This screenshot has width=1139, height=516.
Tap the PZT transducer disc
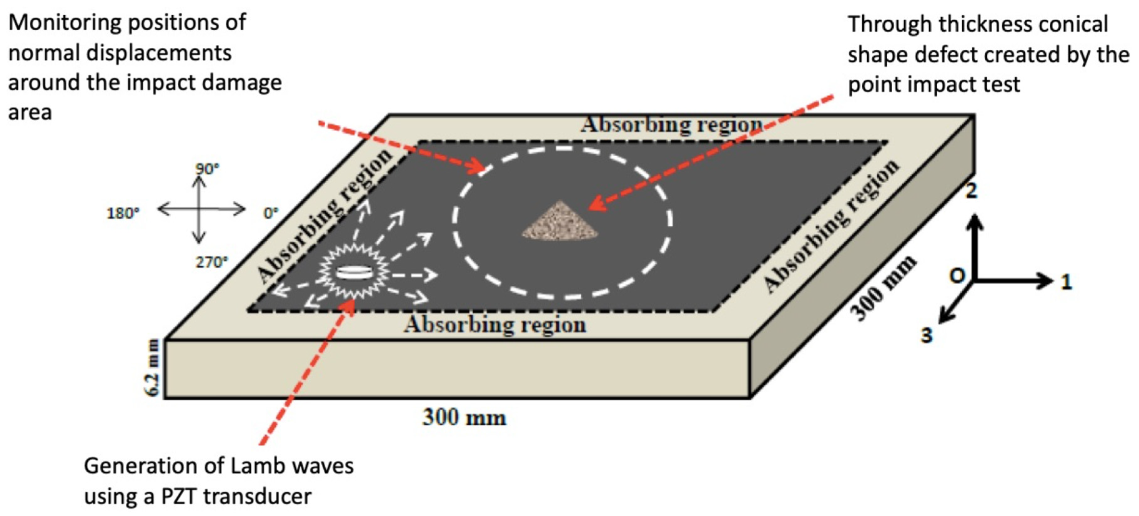[x=353, y=273]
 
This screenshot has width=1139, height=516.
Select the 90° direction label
[x=207, y=168]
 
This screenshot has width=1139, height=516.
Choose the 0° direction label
[x=271, y=213]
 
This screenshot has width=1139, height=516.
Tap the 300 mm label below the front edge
[x=464, y=417]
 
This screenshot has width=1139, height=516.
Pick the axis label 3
[x=926, y=335]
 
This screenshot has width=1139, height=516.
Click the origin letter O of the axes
[x=957, y=276]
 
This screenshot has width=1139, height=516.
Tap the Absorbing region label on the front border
[x=495, y=325]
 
